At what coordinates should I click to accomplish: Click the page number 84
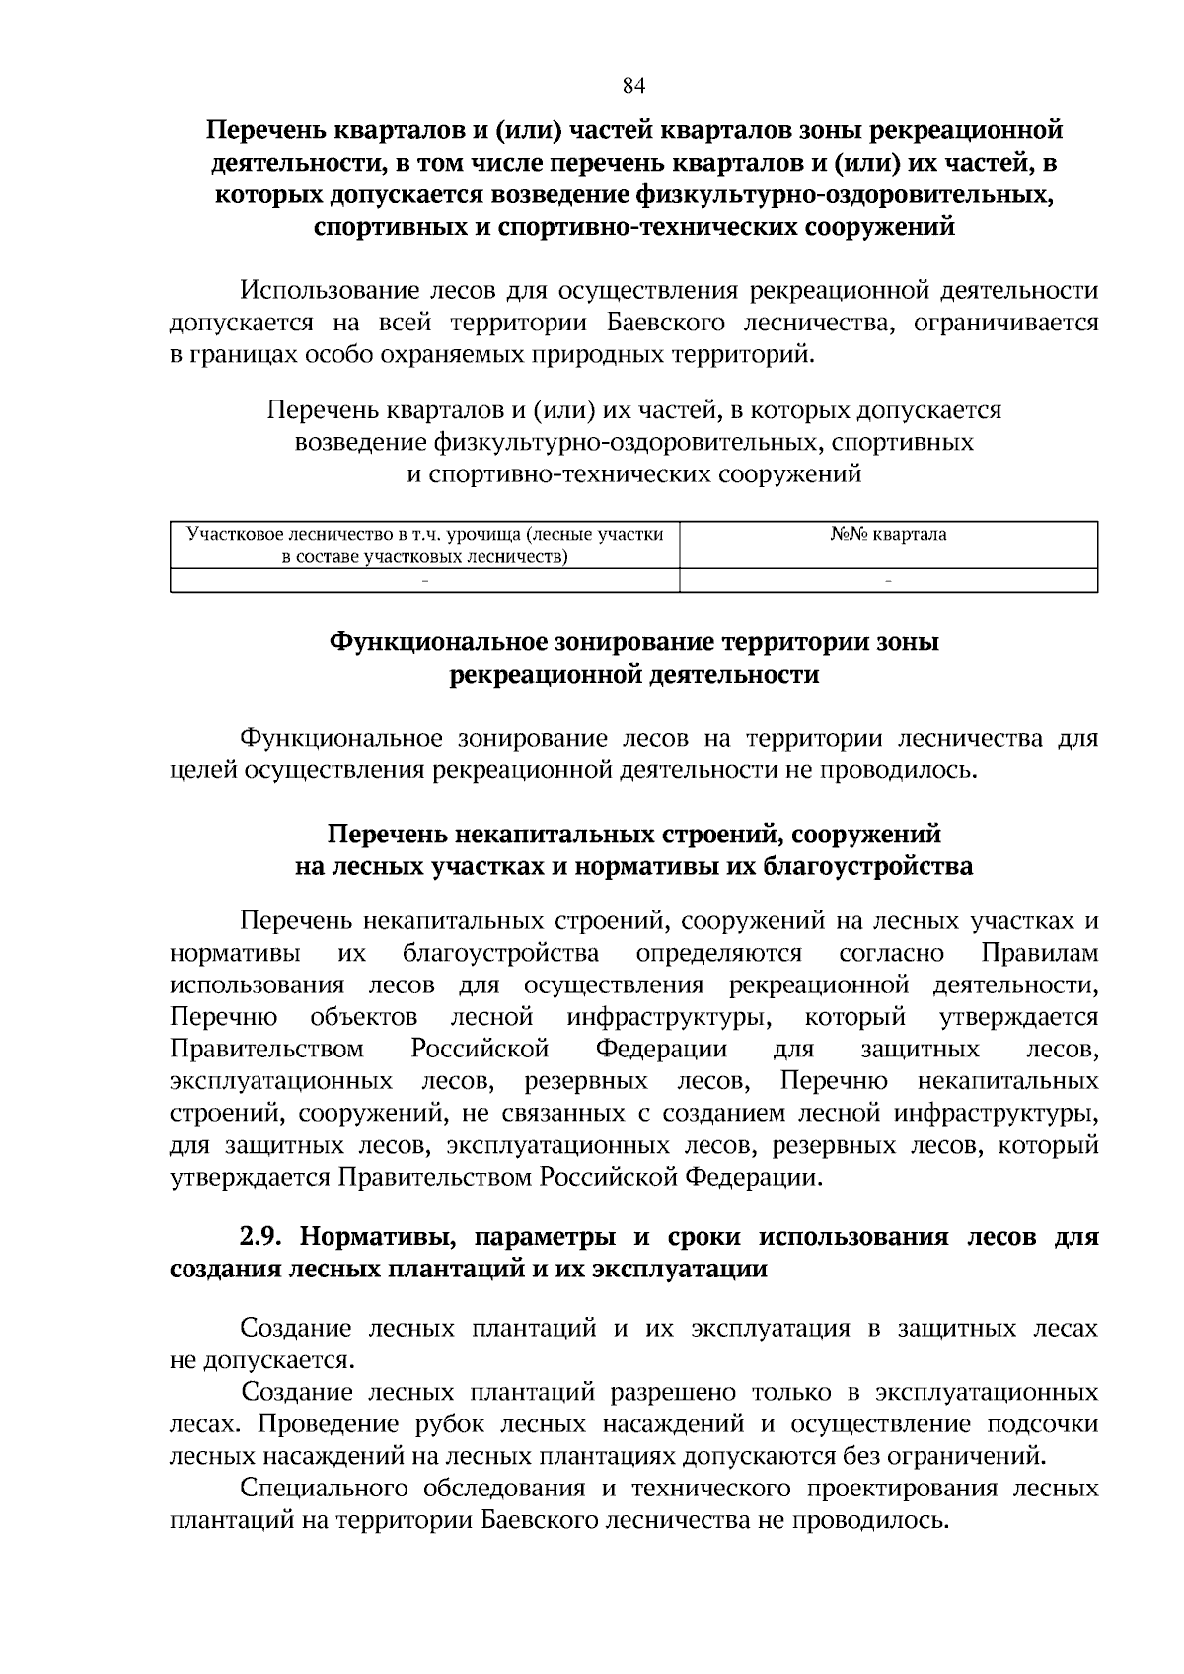pos(633,86)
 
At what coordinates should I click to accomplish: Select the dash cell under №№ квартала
pos(888,581)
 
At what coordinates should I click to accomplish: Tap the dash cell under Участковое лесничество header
pos(424,581)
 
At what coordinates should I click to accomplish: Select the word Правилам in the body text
pos(1040,954)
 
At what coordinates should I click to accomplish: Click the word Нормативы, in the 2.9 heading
pos(376,1237)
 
